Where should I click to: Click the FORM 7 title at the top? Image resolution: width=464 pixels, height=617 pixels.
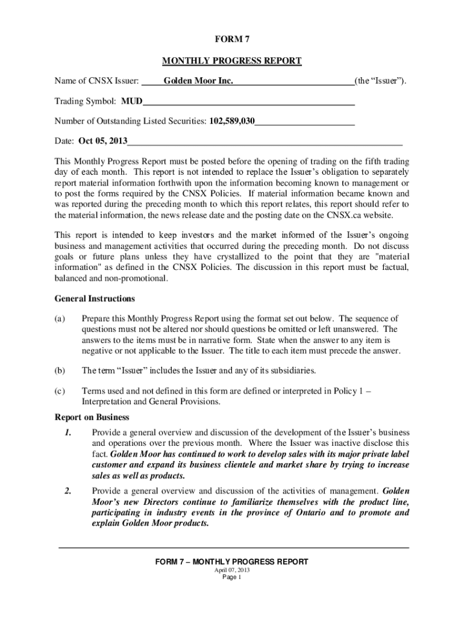(x=232, y=40)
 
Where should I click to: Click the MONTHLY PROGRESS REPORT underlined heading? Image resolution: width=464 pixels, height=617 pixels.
(x=232, y=61)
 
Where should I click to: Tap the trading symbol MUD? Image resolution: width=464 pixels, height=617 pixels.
(x=132, y=101)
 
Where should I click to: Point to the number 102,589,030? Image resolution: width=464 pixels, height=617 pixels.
(x=232, y=121)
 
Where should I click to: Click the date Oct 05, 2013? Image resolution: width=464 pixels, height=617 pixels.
(x=103, y=142)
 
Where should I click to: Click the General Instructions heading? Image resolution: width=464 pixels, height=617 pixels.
(x=95, y=299)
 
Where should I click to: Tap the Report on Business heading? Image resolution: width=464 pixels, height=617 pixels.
(x=92, y=417)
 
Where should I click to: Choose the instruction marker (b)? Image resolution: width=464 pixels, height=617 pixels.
(x=60, y=370)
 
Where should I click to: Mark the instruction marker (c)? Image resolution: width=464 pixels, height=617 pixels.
(x=60, y=390)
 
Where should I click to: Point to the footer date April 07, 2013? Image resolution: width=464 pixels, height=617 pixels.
(x=232, y=570)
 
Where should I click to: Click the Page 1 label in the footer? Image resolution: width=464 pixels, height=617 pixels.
(x=232, y=577)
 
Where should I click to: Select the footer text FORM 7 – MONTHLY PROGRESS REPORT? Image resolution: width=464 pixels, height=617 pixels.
(x=232, y=562)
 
